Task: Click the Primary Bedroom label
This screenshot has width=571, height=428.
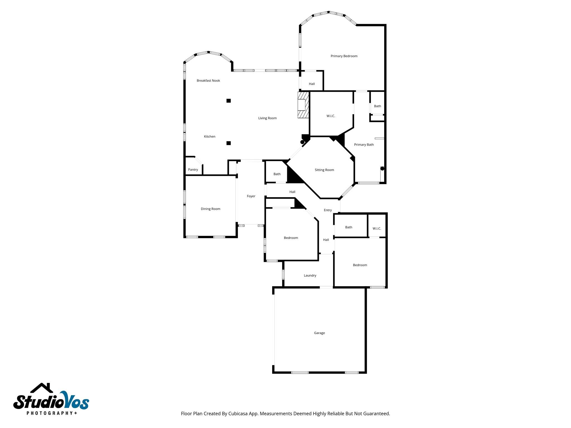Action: point(344,56)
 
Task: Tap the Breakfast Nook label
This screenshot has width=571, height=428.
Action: point(208,81)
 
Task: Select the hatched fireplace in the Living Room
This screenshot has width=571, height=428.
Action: point(303,105)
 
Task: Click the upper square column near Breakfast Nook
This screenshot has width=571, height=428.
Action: point(228,101)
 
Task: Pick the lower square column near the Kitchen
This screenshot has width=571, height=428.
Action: point(228,143)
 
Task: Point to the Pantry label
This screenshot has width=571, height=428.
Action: point(193,169)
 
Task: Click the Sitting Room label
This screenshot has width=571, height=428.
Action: point(324,170)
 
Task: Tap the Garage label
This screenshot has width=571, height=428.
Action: point(319,333)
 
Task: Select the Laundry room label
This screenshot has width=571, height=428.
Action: point(310,275)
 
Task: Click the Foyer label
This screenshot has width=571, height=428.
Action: point(251,196)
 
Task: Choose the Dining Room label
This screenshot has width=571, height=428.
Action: point(211,209)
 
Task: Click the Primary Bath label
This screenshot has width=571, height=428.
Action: point(364,144)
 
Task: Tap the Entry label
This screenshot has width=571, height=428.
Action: point(328,210)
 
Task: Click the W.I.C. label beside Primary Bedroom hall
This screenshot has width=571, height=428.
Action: point(331,116)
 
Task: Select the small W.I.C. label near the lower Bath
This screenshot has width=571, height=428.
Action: point(377,228)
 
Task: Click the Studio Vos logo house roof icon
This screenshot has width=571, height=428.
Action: point(42,388)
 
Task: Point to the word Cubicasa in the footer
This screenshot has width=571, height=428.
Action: point(238,414)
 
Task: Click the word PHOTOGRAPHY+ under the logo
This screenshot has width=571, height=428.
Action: point(52,413)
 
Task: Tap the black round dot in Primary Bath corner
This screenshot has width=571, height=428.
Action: point(382,168)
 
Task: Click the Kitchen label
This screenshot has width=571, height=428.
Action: point(209,136)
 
